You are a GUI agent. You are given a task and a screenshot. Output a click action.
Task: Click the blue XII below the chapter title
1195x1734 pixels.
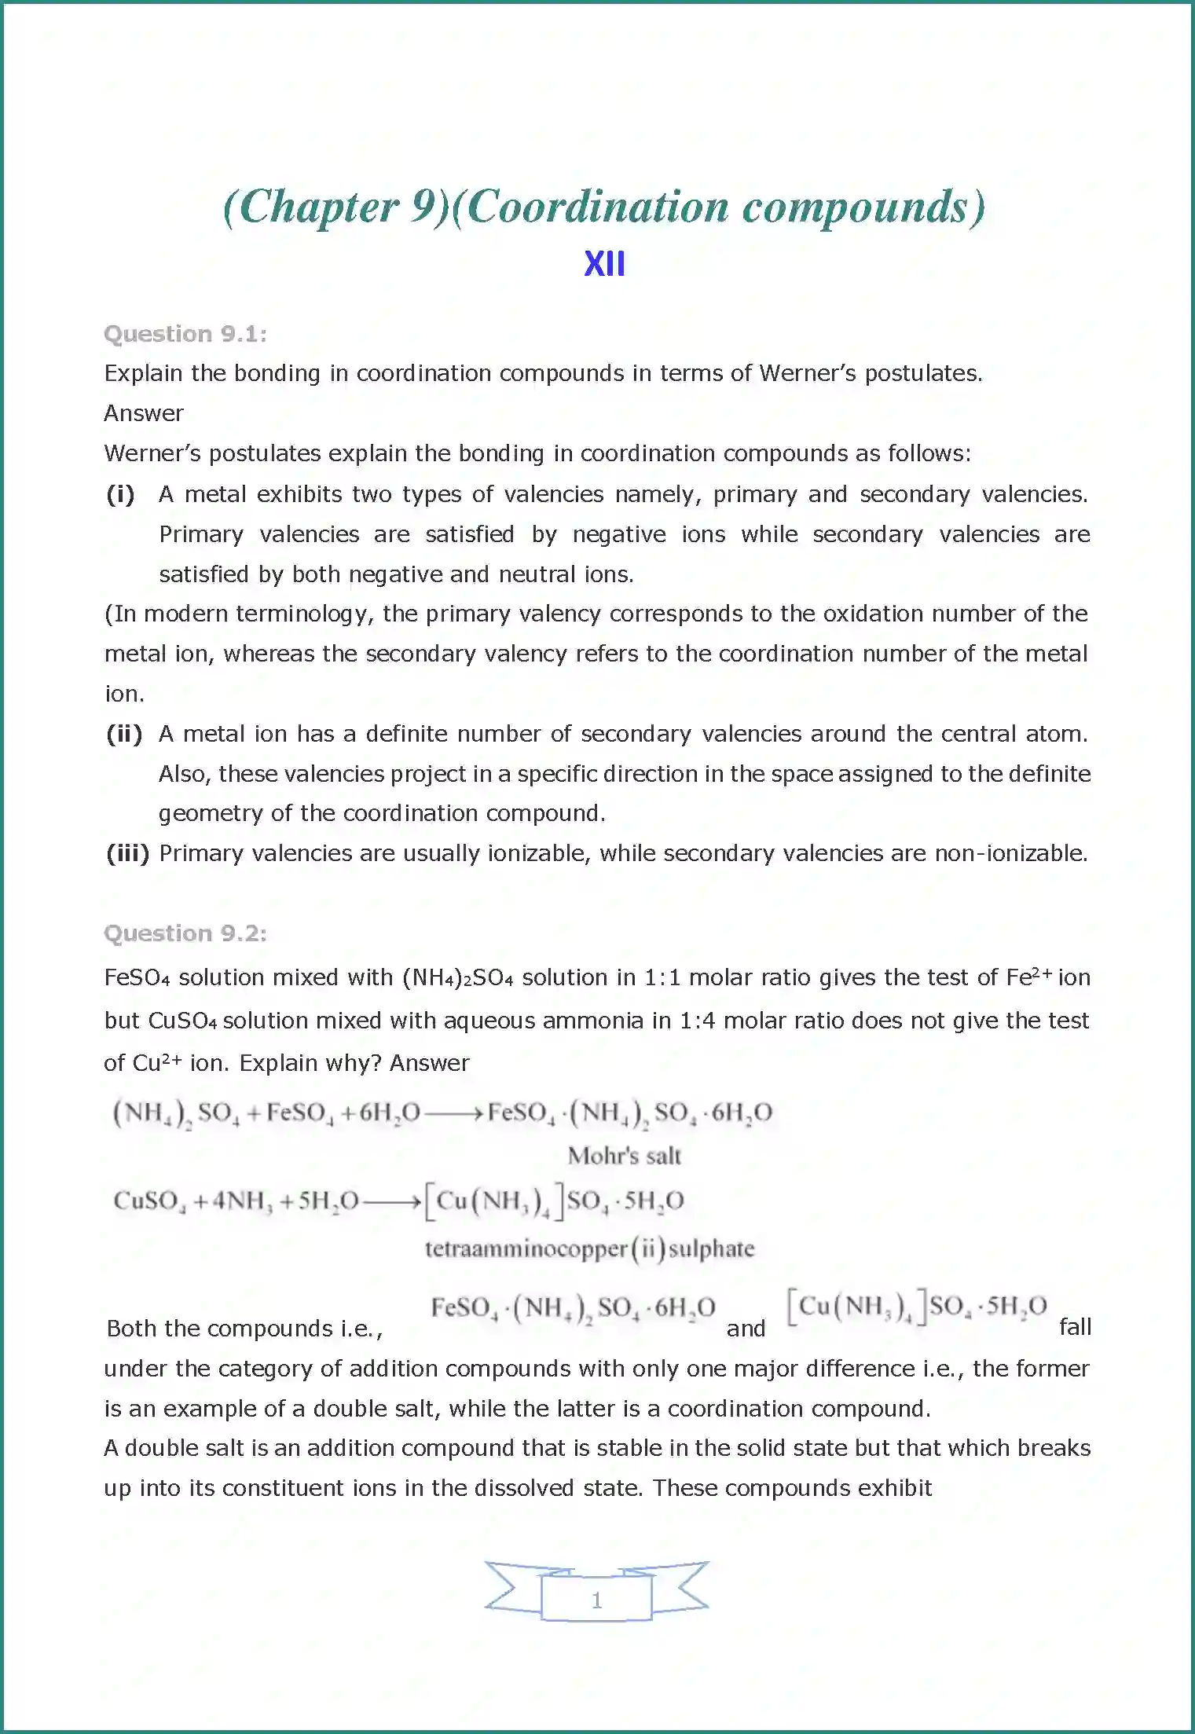coord(604,264)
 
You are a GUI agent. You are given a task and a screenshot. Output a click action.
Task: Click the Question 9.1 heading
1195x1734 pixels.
coord(185,334)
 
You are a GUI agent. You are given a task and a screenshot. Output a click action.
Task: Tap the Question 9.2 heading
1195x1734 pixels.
coord(185,933)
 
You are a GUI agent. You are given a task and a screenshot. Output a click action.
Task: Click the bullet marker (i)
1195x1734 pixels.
coord(121,494)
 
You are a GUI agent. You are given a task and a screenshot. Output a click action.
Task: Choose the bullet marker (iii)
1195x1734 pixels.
coord(127,853)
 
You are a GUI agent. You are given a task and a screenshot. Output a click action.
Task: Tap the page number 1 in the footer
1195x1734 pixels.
coord(596,1600)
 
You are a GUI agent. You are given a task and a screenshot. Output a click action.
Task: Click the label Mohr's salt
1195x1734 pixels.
coord(625,1156)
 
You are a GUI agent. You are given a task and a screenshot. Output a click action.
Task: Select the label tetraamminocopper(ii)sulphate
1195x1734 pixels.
coord(589,1248)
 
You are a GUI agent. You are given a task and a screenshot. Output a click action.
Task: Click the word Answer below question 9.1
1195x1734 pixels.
coord(144,413)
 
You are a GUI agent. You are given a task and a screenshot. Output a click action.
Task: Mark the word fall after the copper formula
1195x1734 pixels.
coord(1075,1327)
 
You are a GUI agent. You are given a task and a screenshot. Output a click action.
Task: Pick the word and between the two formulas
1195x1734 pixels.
coord(746,1329)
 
